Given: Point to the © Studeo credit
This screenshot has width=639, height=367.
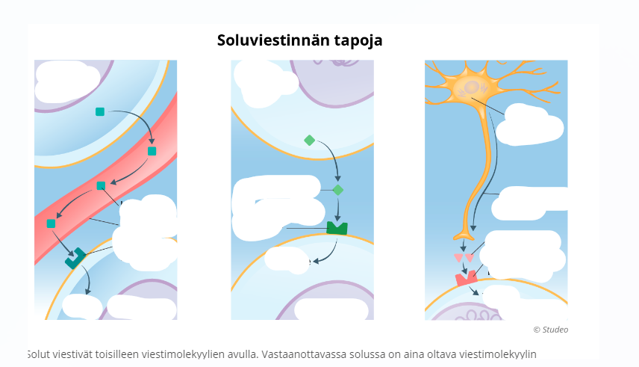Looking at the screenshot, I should [x=550, y=330].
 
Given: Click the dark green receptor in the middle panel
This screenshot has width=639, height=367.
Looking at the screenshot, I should [x=337, y=227].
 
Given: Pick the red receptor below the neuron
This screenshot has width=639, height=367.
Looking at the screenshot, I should [x=467, y=278].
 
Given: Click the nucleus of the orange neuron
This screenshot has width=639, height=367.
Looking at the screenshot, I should [x=472, y=88].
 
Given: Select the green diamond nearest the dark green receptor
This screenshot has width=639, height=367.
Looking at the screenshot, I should [x=338, y=190].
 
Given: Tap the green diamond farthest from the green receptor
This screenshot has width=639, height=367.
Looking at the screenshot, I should [x=310, y=141].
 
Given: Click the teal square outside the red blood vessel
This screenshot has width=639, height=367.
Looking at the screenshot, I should [x=100, y=112].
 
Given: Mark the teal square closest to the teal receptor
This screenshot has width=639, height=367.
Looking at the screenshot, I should [x=51, y=223].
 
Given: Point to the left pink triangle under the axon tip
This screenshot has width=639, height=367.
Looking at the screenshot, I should [x=459, y=258].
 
